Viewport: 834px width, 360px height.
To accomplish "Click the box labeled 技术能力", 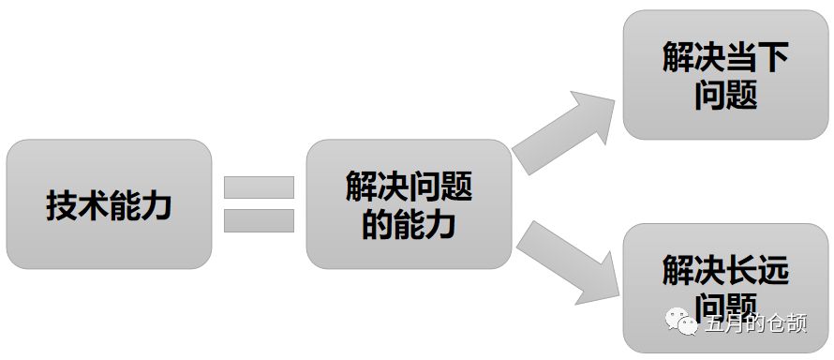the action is click(109, 204).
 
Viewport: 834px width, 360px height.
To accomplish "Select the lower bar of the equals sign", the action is click(259, 220).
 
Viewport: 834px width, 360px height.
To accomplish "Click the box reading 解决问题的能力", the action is click(408, 204).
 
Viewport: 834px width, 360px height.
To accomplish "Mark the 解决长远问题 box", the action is click(725, 287).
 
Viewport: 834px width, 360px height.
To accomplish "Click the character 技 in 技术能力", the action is click(61, 205).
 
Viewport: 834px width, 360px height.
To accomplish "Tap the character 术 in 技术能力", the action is click(93, 205).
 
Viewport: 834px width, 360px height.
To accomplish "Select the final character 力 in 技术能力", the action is click(156, 205).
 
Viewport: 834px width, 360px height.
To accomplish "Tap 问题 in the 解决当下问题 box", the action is click(726, 95).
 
